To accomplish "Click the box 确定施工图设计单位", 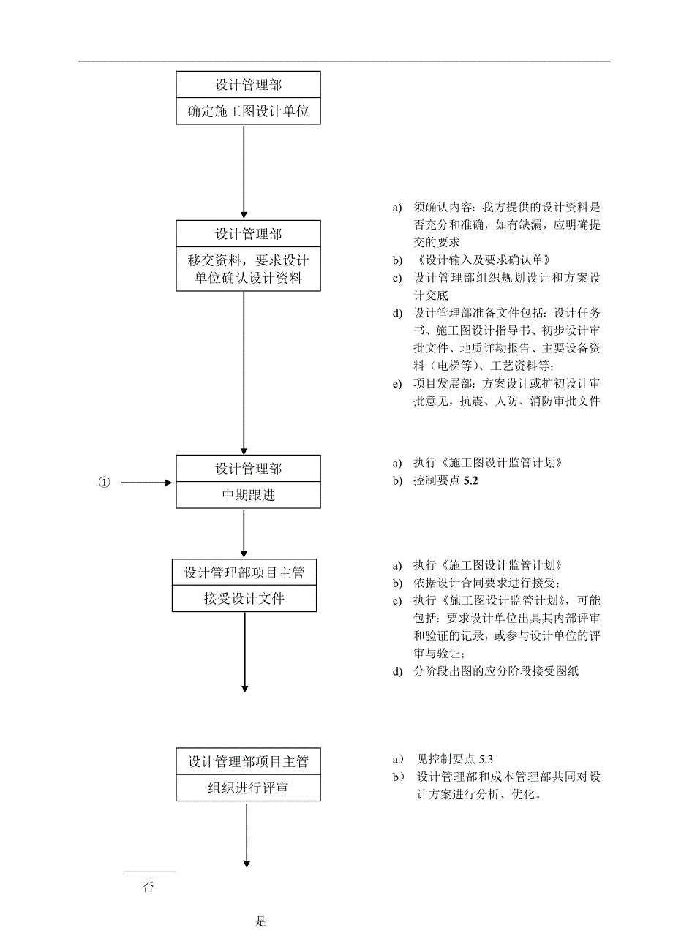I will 248,112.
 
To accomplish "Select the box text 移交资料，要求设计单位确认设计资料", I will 248,269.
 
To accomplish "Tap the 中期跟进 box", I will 248,495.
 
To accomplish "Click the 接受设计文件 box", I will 244,599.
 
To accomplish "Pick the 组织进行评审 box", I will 248,788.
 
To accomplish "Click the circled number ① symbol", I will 105,483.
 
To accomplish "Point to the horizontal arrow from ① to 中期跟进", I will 146,483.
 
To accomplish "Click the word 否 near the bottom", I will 148,888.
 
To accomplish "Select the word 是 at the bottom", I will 261,921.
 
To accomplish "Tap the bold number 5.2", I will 471,482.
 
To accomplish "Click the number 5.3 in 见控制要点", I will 487,759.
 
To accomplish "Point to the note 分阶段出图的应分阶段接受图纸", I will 496,670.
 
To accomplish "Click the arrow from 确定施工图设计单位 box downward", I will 244,168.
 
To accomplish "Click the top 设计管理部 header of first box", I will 248,85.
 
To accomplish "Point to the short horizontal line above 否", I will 150,872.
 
